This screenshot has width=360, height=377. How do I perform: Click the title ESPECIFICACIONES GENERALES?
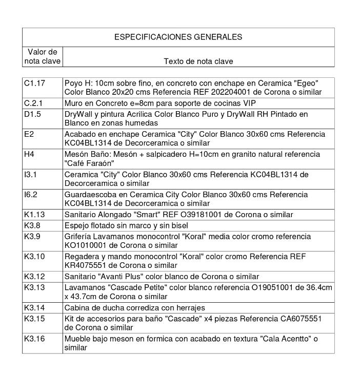point(178,37)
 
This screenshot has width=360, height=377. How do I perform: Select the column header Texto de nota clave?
point(198,61)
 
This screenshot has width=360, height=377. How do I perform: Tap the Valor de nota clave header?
point(42,56)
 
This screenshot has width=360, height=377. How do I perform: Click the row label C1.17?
point(34,83)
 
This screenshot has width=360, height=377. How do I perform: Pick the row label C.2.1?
point(33,103)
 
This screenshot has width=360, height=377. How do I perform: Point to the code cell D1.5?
point(32,114)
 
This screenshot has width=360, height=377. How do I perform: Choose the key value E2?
point(29,134)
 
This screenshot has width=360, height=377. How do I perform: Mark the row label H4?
point(29,154)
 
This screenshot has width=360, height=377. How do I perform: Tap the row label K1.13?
point(34,215)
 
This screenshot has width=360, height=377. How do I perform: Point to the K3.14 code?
point(34,308)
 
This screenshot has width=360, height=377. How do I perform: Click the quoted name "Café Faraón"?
point(89,163)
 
